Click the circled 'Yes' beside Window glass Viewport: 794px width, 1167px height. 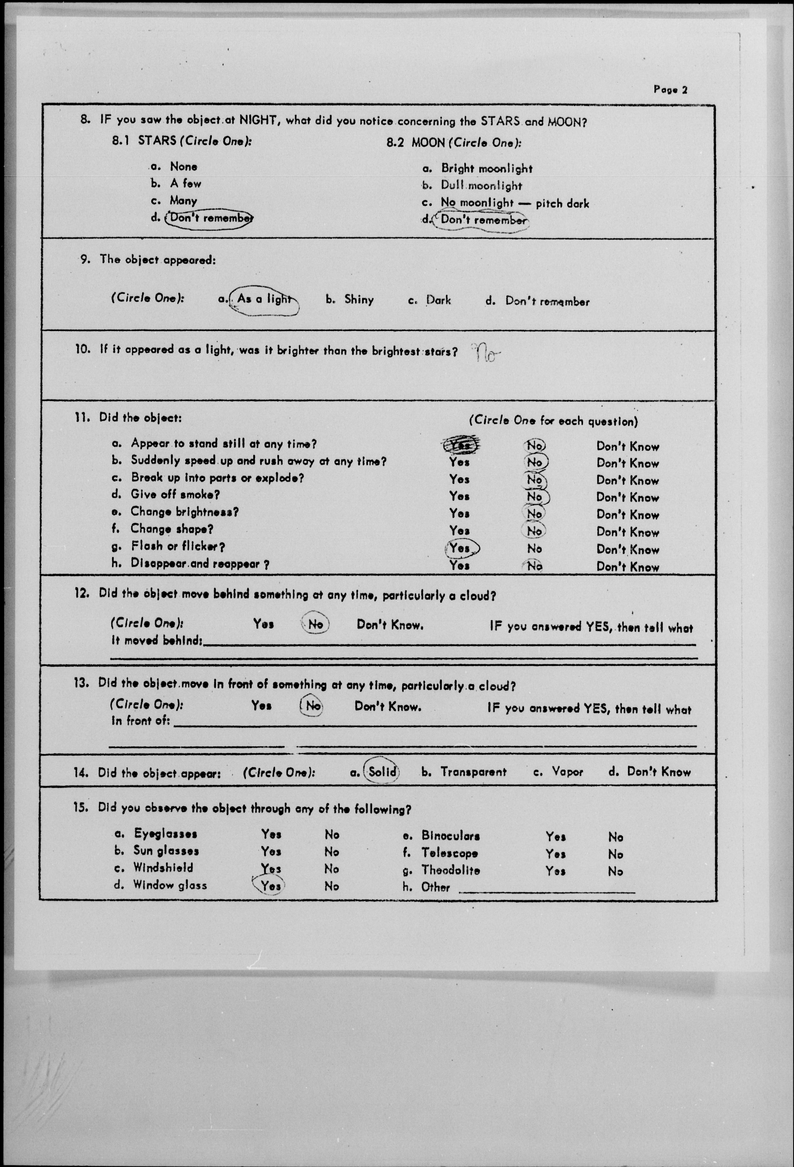coord(270,886)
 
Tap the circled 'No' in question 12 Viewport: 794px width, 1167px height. coord(315,624)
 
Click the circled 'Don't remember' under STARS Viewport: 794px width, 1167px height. coord(210,218)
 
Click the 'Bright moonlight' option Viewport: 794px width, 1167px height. coord(486,169)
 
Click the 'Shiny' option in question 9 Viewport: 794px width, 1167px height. coord(359,300)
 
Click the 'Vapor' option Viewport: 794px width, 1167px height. coord(567,772)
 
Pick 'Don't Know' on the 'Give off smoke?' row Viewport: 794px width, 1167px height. coord(627,497)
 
